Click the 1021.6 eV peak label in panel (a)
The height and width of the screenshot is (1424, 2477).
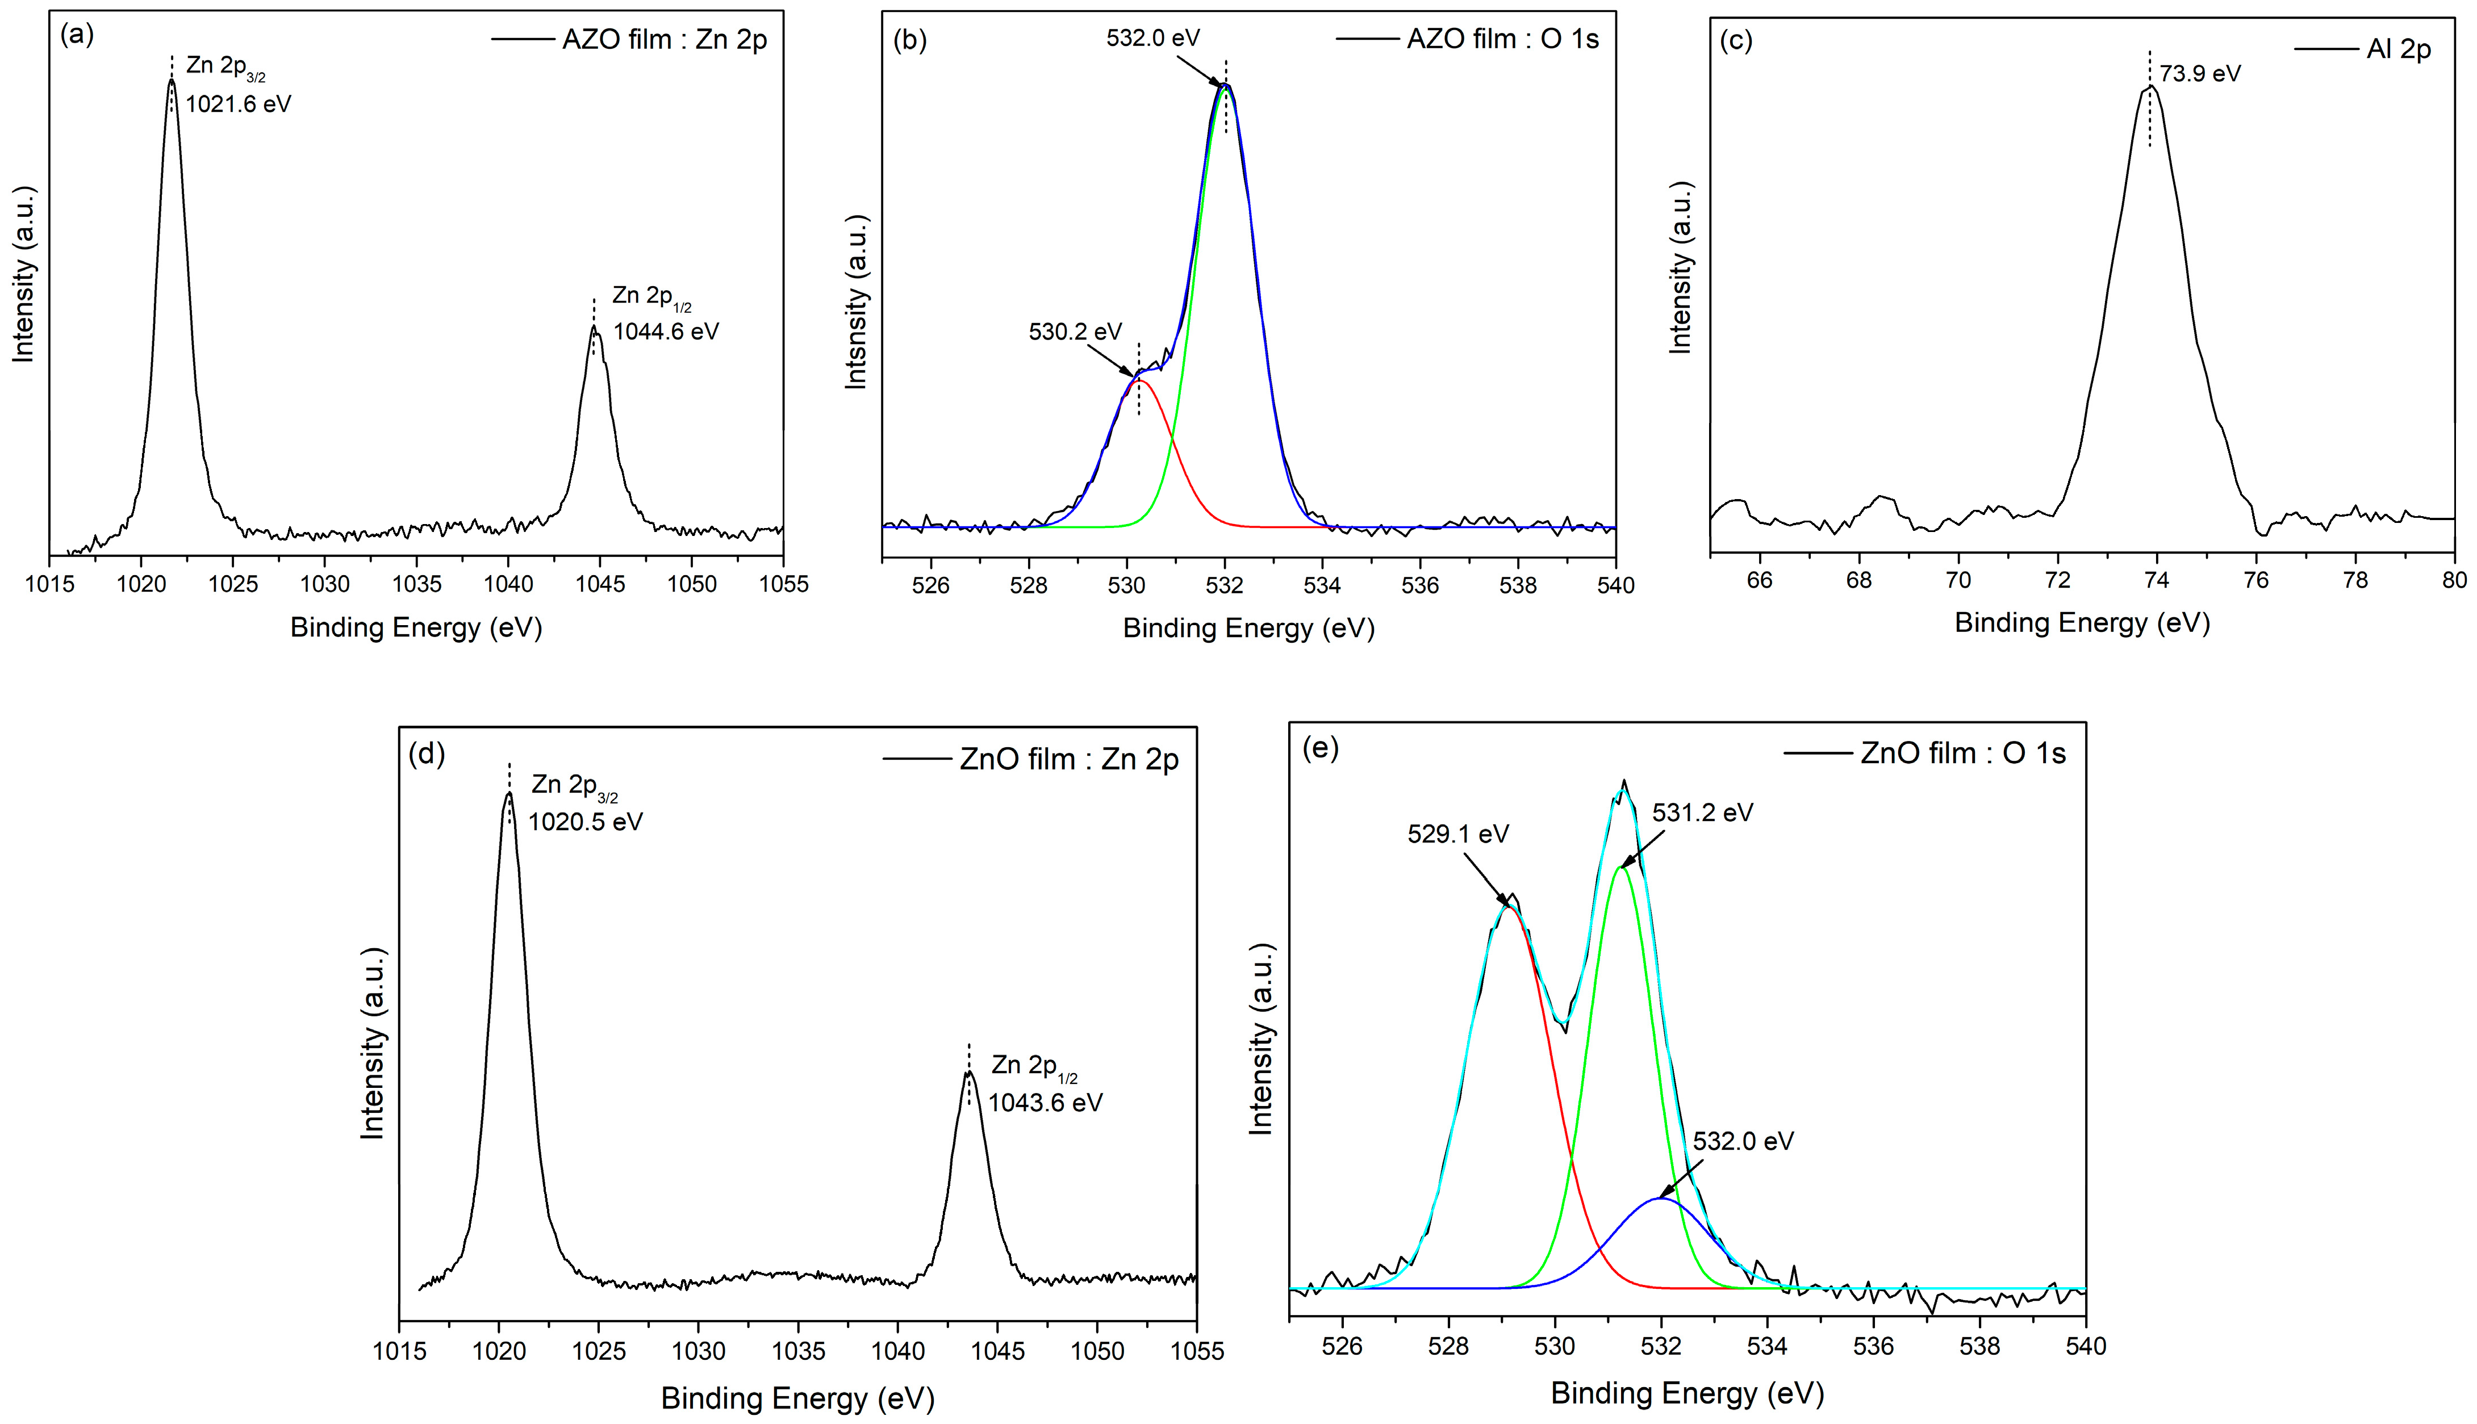click(238, 104)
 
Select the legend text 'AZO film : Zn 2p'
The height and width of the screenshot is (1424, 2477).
click(664, 40)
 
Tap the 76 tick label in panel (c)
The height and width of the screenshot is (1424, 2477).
click(2256, 580)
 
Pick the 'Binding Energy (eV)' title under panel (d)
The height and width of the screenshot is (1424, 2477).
click(797, 1397)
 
